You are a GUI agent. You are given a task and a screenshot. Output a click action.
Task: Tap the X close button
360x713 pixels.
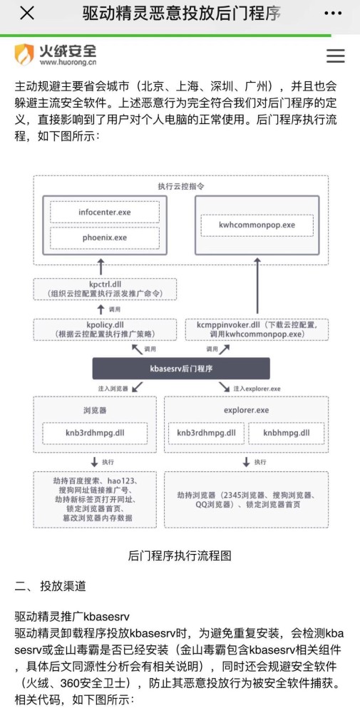click(27, 13)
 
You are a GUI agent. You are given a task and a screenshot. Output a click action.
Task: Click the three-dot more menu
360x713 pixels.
click(333, 13)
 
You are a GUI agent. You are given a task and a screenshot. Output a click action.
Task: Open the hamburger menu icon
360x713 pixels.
click(336, 56)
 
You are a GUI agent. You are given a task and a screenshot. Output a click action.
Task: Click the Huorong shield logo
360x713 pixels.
click(24, 55)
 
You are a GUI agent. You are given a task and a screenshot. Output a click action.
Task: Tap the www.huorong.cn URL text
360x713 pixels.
click(68, 62)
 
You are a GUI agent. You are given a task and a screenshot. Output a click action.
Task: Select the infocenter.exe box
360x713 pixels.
click(105, 212)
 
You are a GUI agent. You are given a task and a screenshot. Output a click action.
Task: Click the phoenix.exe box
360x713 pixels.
click(105, 238)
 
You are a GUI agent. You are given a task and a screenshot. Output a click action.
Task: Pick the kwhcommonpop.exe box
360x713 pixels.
click(257, 225)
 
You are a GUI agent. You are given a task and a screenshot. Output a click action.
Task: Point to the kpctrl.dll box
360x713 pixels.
click(105, 289)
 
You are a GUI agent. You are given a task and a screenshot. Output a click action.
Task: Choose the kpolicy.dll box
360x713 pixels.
click(105, 329)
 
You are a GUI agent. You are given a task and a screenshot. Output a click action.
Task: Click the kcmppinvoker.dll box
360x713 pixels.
click(257, 329)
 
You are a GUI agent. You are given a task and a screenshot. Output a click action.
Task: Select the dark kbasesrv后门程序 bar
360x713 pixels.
click(181, 369)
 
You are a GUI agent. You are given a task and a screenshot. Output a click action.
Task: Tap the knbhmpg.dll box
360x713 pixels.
click(287, 433)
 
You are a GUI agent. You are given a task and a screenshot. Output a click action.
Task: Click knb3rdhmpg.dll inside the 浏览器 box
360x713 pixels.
click(95, 433)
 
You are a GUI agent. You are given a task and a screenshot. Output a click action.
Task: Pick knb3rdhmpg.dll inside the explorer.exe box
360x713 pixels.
click(206, 433)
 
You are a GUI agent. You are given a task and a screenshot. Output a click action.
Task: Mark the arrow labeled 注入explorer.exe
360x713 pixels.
click(225, 387)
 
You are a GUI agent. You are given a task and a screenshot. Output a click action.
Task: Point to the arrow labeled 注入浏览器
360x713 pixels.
click(138, 387)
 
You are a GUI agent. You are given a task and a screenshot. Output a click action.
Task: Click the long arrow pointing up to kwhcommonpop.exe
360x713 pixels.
click(257, 286)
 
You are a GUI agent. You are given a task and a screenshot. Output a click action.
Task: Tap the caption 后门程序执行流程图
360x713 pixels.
click(180, 555)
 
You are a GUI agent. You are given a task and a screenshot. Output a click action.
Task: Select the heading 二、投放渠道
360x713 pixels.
click(50, 586)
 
